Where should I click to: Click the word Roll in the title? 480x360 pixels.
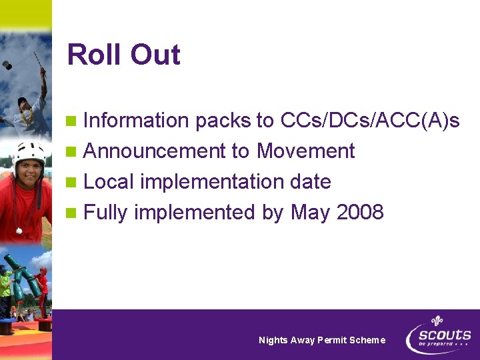point(93,55)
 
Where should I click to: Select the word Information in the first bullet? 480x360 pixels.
point(137,121)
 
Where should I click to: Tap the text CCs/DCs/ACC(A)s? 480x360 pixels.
point(370,121)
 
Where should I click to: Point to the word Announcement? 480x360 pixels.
point(155,151)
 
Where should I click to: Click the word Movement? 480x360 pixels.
point(305,151)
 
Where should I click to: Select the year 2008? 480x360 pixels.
point(360,213)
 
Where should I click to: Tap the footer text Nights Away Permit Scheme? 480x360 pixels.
point(322,340)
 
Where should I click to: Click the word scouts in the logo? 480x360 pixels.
point(444,335)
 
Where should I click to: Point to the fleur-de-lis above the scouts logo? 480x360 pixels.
point(437,321)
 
